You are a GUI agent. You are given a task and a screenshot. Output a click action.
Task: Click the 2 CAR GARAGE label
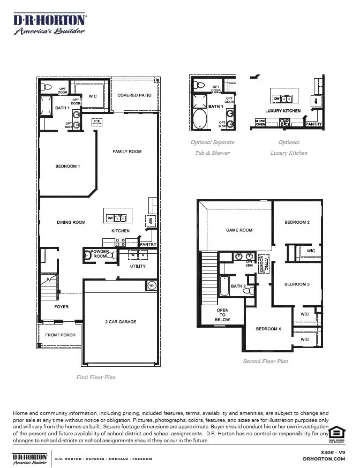click(x=121, y=322)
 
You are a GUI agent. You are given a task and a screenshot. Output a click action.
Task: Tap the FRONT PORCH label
click(x=60, y=335)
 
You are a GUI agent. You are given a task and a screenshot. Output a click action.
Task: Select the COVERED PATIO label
click(x=134, y=95)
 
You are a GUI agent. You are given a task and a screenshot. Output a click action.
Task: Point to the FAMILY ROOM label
click(x=127, y=152)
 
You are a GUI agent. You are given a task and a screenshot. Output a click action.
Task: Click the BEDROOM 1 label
click(x=67, y=166)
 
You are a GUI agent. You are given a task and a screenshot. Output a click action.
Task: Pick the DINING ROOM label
click(x=71, y=222)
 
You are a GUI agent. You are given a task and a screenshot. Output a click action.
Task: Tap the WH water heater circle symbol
click(x=151, y=285)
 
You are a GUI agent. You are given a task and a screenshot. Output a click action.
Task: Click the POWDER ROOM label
click(x=100, y=254)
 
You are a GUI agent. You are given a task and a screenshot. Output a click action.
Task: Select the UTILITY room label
click(x=138, y=266)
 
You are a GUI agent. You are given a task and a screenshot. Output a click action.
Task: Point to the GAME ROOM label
click(x=239, y=230)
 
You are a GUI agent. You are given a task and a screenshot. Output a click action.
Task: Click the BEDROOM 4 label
click(x=268, y=329)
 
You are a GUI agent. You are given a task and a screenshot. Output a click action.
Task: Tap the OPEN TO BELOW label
click(x=222, y=315)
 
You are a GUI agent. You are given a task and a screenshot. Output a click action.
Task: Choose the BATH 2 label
click(x=238, y=286)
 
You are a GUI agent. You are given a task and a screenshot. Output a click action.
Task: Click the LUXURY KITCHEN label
click(x=283, y=111)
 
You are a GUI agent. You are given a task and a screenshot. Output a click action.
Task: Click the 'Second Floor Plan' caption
click(x=265, y=361)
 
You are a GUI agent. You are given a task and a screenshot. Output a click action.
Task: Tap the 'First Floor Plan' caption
click(x=96, y=377)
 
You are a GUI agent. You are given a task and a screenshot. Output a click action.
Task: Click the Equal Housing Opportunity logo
click(x=336, y=434)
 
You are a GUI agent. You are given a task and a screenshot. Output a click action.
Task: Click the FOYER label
click(x=62, y=307)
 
